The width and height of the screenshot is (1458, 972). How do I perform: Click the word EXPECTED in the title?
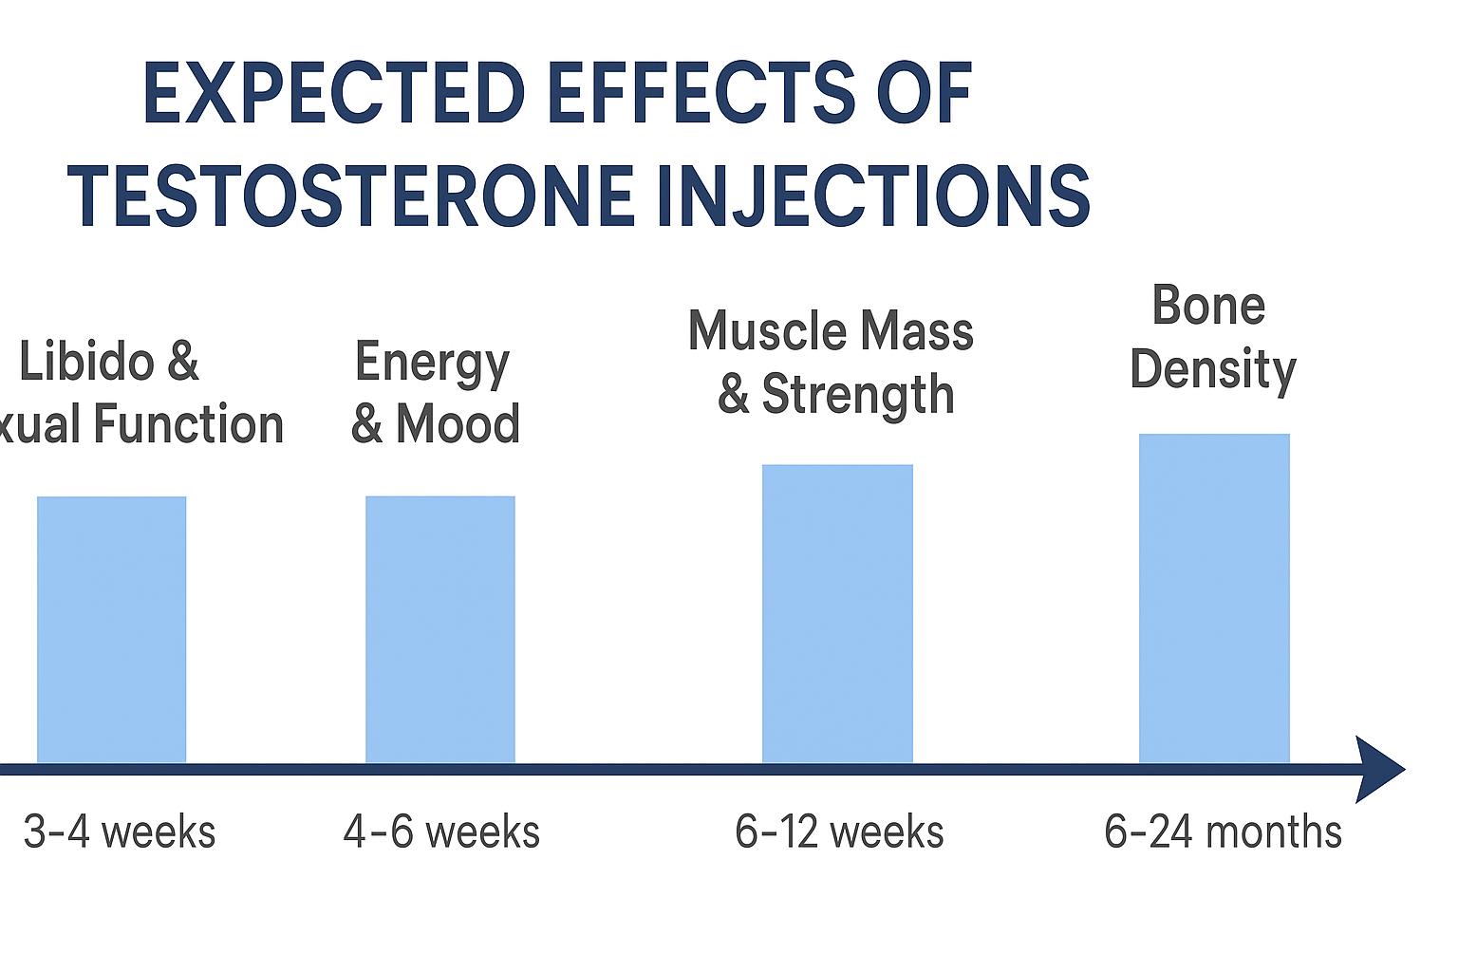pos(333,95)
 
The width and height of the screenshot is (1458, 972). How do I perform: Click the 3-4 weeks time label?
pos(120,832)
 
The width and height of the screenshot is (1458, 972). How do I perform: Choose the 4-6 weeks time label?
pos(441,832)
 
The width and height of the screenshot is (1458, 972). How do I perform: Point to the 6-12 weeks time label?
pos(839,832)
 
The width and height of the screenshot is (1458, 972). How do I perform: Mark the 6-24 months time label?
pos(1223,832)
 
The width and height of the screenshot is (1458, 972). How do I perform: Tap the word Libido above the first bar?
pos(85,363)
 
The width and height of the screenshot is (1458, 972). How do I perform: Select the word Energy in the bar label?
pos(432,364)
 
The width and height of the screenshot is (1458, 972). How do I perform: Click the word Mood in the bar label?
pos(458,424)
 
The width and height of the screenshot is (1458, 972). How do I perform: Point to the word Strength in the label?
pos(858,394)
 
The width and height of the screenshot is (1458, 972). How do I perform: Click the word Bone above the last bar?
pos(1208,306)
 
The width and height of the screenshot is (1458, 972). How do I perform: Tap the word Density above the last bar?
pos(1213,369)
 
